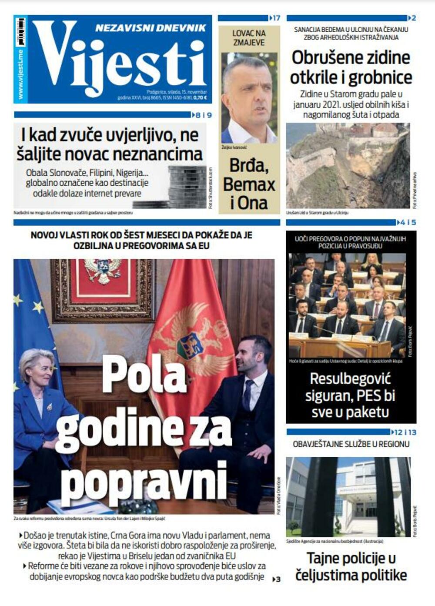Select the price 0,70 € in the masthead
[x=200, y=98]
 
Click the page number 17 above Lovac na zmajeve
[x=275, y=18]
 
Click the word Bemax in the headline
[x=249, y=184]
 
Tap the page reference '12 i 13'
[x=405, y=432]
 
